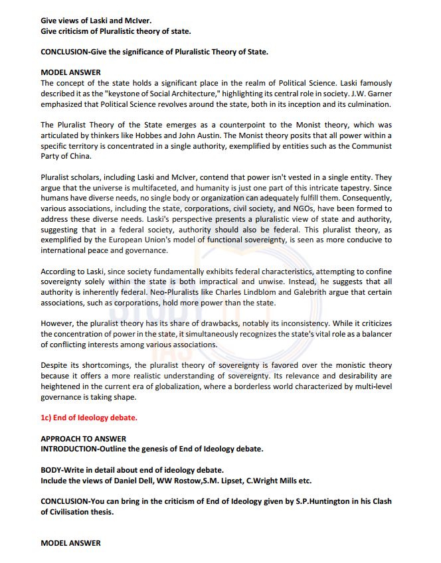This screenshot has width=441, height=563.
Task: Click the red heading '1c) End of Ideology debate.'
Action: click(89, 418)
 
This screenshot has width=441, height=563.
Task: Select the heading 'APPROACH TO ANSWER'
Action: click(83, 439)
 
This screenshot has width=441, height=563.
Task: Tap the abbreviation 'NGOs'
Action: click(281, 208)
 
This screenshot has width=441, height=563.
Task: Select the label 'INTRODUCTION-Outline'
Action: click(84, 449)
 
